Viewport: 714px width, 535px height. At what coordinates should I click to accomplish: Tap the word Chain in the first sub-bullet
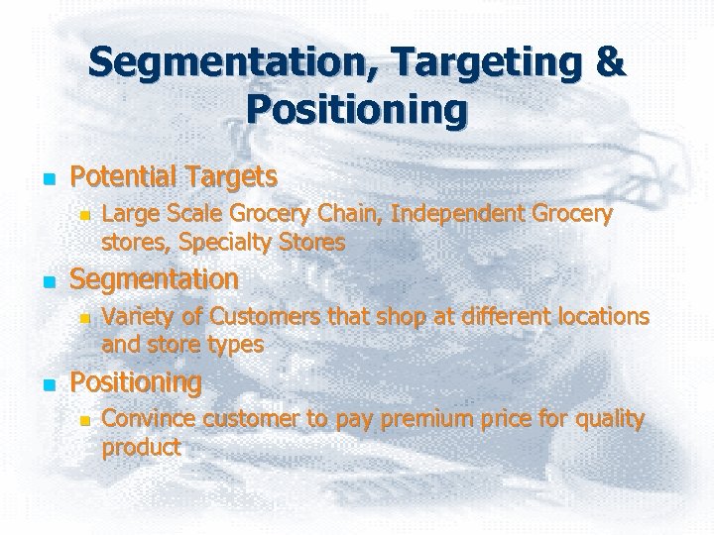click(333, 213)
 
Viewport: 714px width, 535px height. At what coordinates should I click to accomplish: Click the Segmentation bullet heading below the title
click(154, 279)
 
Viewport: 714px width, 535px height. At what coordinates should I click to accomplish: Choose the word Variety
click(136, 316)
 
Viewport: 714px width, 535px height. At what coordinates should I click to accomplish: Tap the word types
click(236, 344)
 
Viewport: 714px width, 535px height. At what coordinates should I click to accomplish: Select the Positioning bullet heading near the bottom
click(136, 381)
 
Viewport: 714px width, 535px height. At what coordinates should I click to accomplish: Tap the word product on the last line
click(141, 447)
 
